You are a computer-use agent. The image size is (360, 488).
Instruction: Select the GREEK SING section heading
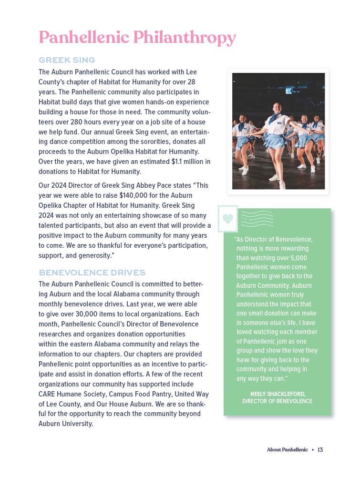67,60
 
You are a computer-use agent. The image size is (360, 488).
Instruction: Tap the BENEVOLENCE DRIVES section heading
92,273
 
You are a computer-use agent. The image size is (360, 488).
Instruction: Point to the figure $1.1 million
184,162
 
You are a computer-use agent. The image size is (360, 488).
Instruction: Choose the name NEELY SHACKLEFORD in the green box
278,394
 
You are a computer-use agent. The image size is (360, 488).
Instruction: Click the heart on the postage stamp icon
228,219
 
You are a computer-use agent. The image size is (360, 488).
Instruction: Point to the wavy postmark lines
257,219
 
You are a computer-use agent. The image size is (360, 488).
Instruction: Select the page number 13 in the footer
320,450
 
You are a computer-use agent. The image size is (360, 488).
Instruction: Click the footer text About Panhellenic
287,450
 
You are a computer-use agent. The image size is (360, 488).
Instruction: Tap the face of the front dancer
277,108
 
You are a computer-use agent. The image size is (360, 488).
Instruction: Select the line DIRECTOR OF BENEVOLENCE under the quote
277,401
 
